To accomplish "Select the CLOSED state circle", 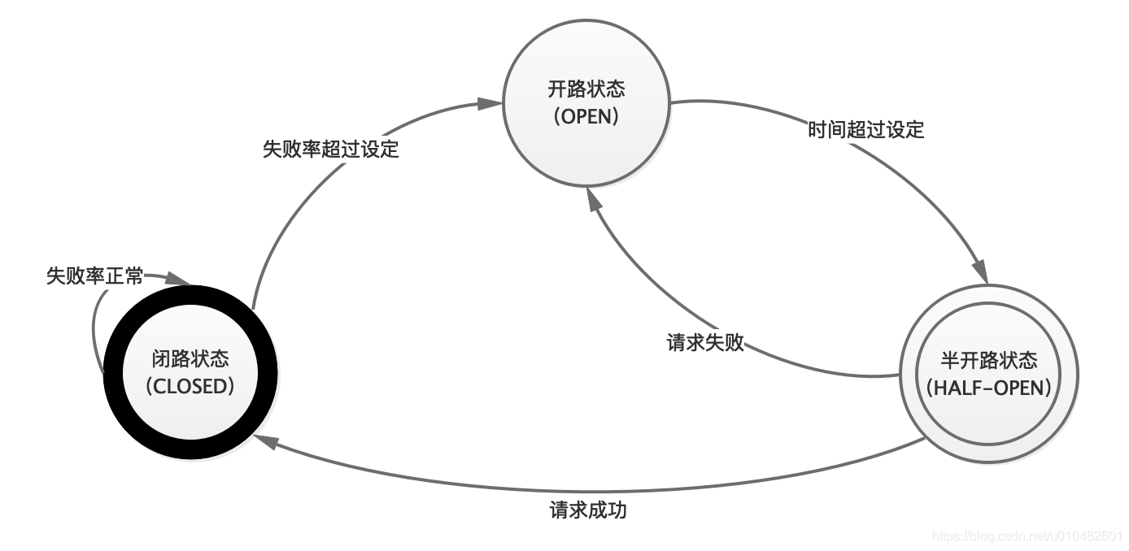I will pyautogui.click(x=190, y=373).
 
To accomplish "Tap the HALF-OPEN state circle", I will pyautogui.click(x=988, y=375).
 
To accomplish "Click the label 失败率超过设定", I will pyautogui.click(x=330, y=150).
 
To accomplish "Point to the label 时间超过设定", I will pyautogui.click(x=866, y=129).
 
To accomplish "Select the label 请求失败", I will pyautogui.click(x=705, y=342).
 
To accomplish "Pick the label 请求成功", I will pyautogui.click(x=588, y=511).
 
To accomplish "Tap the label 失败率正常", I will pyautogui.click(x=94, y=276).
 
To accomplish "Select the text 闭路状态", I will pyautogui.click(x=190, y=358).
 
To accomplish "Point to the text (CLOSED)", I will pyautogui.click(x=190, y=386).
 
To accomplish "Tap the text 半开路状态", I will pyautogui.click(x=988, y=361).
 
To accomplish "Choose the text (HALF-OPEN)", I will pyautogui.click(x=988, y=388).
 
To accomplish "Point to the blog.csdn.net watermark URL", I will pyautogui.click(x=1028, y=537).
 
